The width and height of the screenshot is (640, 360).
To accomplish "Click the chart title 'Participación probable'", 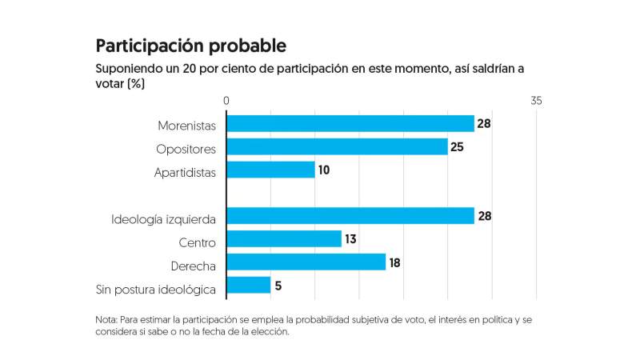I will click(x=190, y=45).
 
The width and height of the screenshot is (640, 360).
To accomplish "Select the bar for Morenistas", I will click(x=350, y=124).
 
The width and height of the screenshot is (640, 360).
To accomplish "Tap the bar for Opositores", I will click(x=337, y=147).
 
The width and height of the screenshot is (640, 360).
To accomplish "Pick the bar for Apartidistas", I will click(x=270, y=170).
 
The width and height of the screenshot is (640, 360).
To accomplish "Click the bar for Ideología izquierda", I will click(x=350, y=216).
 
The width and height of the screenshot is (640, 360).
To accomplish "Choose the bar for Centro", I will click(x=284, y=239).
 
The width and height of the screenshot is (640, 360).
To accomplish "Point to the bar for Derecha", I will click(x=306, y=262).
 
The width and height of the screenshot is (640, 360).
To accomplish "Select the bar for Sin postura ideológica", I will click(x=249, y=286).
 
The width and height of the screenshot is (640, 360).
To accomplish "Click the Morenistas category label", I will click(x=187, y=125).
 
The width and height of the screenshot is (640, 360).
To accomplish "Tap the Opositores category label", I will click(x=186, y=148).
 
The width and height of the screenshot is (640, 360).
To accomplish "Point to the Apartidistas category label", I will click(x=185, y=171).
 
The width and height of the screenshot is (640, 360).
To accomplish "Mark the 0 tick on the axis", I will click(x=227, y=101).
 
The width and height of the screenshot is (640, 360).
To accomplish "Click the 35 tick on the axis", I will click(x=536, y=101).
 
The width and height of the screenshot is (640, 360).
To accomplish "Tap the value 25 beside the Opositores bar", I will click(x=457, y=148).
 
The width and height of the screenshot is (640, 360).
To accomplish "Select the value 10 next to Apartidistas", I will click(x=324, y=170).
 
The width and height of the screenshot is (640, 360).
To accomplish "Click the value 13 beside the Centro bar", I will click(x=350, y=239).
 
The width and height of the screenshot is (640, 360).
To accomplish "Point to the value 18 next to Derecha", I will click(x=394, y=262).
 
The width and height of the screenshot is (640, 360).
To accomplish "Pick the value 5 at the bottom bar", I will click(x=279, y=286).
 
